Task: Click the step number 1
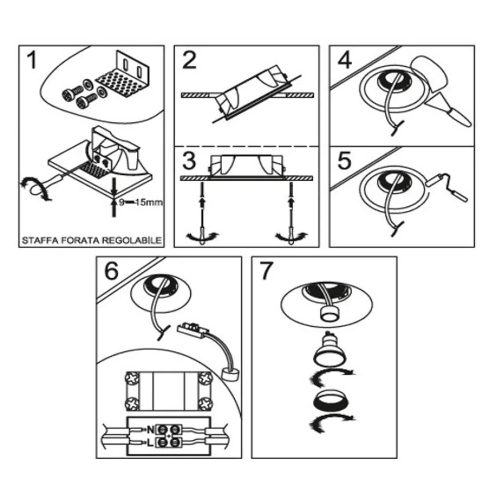click(x=31, y=61)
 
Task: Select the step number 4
click(x=344, y=60)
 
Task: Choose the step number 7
click(x=265, y=271)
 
